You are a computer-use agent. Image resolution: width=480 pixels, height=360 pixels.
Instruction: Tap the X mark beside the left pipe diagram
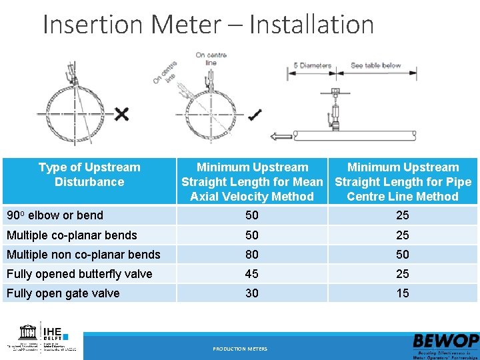pos(121,114)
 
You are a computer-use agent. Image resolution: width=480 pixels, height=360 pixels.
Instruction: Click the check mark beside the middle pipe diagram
pos(254,115)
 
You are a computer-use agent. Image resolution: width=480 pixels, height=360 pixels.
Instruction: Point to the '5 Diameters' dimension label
pos(313,65)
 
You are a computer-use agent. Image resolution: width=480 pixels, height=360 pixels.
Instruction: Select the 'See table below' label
pos(375,65)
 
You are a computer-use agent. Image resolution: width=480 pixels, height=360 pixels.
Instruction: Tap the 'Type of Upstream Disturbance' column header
pos(89,175)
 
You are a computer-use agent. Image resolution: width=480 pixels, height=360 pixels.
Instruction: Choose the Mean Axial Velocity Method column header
pos(252,181)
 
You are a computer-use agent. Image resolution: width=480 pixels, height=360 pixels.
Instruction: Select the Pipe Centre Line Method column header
pos(403,181)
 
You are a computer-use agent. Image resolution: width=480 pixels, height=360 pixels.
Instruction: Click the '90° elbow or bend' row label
pos(55,215)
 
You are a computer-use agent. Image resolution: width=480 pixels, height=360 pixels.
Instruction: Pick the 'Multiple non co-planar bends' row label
pos(83,254)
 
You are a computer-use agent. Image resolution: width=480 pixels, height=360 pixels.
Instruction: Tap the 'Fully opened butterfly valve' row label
pos(79,274)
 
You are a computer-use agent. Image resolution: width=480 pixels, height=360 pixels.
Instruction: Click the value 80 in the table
pos(252,254)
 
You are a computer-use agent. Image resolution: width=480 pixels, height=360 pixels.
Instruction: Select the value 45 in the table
pos(252,274)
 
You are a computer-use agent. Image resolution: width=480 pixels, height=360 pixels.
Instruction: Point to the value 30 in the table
pos(252,293)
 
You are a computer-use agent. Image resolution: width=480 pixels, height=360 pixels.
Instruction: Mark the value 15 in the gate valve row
pos(403,293)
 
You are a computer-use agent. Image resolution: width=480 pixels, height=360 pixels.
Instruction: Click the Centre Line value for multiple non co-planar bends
pos(403,254)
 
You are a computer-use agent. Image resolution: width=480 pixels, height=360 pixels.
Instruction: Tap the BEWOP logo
pos(445,345)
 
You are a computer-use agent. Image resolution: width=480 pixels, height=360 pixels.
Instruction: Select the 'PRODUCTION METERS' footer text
pos(240,349)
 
